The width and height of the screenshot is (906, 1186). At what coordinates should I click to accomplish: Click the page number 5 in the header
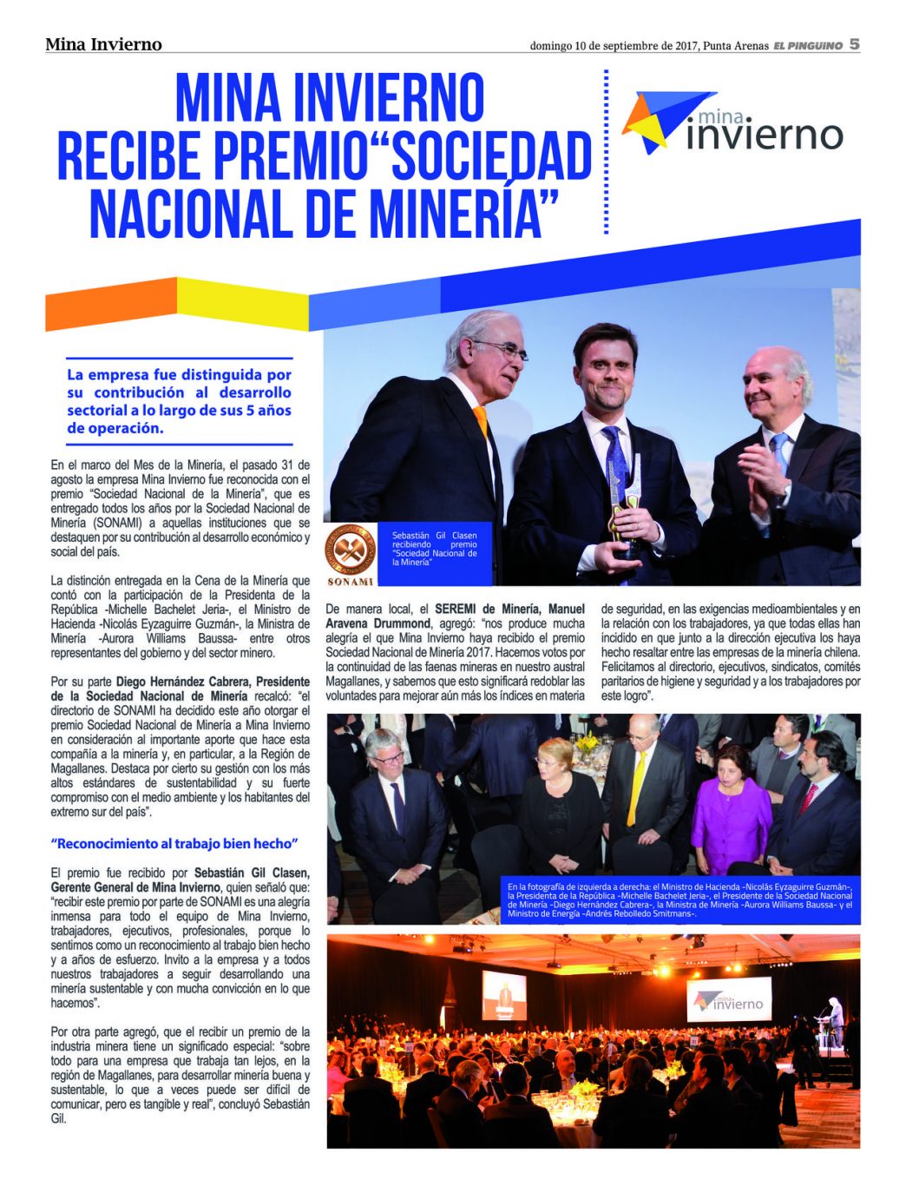coord(854,43)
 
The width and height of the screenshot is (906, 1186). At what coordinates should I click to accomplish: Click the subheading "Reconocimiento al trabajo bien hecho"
coord(174,844)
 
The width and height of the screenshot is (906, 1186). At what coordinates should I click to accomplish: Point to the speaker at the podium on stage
coord(835,1021)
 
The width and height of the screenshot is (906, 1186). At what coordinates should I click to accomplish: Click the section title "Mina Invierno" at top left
coord(103,44)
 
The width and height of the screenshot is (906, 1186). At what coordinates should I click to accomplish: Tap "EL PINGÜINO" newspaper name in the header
coord(808,45)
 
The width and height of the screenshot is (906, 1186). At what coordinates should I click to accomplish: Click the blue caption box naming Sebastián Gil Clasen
coord(434,549)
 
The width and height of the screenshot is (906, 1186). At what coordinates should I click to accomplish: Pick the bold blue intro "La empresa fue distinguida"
coord(179,401)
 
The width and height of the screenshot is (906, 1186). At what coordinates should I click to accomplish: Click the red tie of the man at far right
coord(807,797)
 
